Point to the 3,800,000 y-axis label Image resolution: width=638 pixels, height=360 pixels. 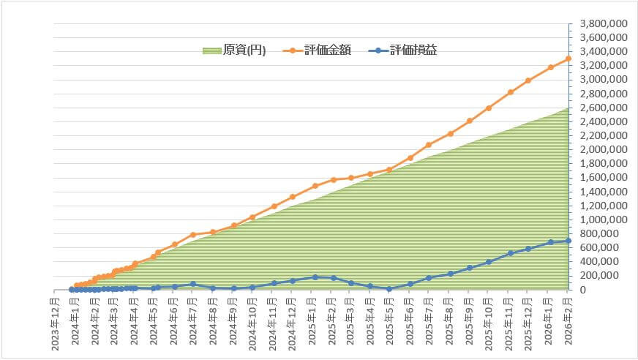click(602, 23)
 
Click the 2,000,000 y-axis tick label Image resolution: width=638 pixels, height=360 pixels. click(602, 149)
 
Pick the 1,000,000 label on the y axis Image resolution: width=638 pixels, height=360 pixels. click(602, 220)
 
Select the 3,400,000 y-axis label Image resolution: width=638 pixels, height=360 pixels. click(602, 51)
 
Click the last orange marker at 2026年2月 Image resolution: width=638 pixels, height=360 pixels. click(568, 59)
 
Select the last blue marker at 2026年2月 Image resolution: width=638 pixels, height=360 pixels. click(568, 241)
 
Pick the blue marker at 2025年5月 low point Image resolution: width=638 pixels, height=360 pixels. click(389, 289)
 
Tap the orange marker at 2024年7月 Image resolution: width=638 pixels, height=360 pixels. click(192, 235)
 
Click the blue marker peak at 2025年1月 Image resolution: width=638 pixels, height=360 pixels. click(315, 277)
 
